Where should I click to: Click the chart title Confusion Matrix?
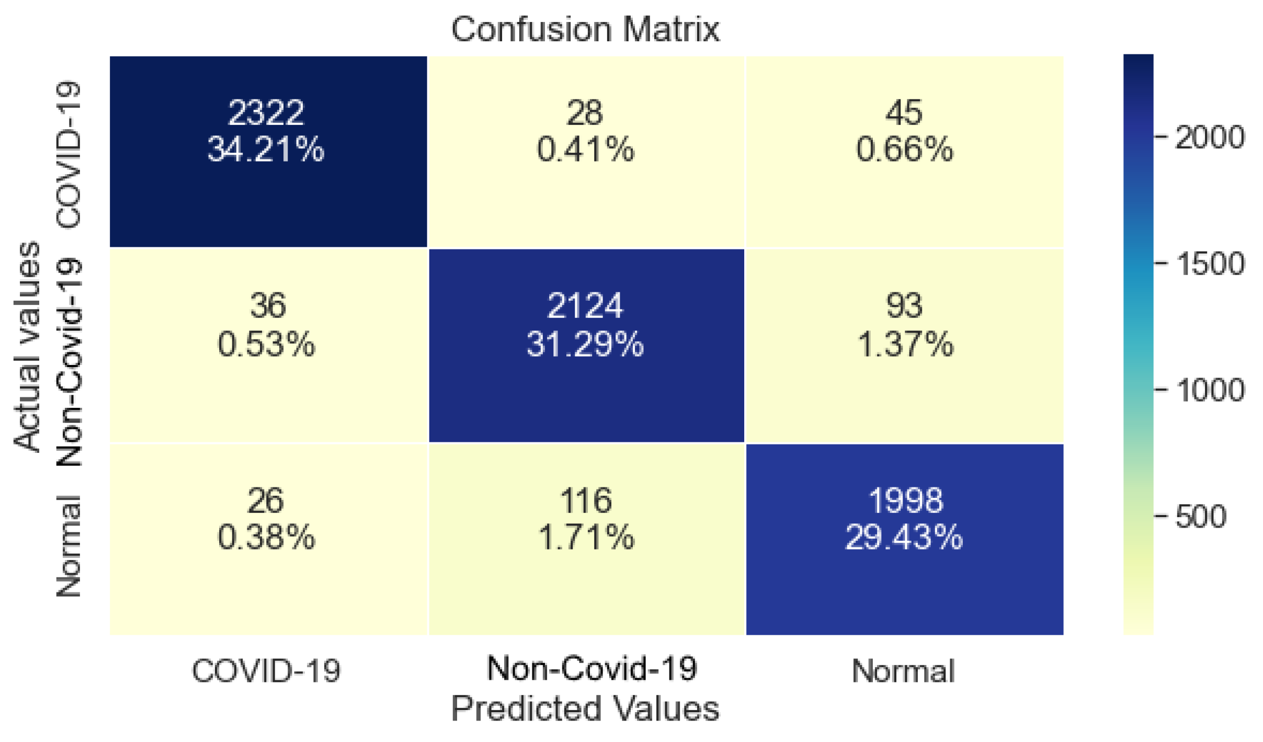click(585, 29)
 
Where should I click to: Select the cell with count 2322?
click(268, 151)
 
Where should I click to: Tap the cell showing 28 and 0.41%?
click(586, 151)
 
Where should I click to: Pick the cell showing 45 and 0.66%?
click(904, 151)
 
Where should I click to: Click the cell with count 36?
click(268, 345)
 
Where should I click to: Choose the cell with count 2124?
click(586, 345)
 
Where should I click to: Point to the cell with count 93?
click(904, 345)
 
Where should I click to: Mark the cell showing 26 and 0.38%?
click(268, 539)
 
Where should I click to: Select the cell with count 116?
click(586, 539)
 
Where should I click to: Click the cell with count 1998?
click(904, 539)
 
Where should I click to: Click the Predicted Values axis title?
click(585, 709)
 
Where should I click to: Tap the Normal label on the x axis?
click(903, 670)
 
